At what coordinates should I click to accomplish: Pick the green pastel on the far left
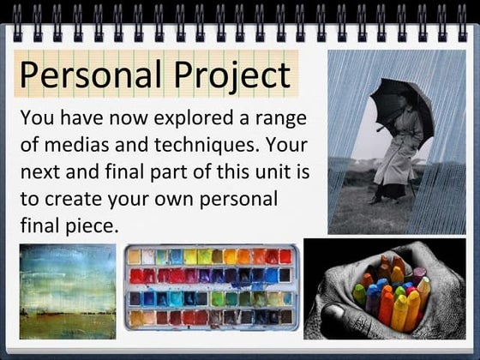(x=359, y=296)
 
